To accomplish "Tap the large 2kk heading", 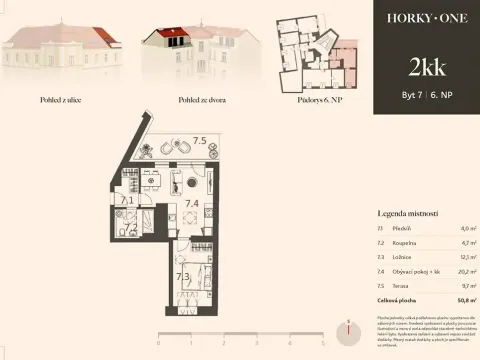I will (426, 68).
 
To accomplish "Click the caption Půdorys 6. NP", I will (318, 101).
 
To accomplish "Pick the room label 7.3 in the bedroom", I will (183, 277).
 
